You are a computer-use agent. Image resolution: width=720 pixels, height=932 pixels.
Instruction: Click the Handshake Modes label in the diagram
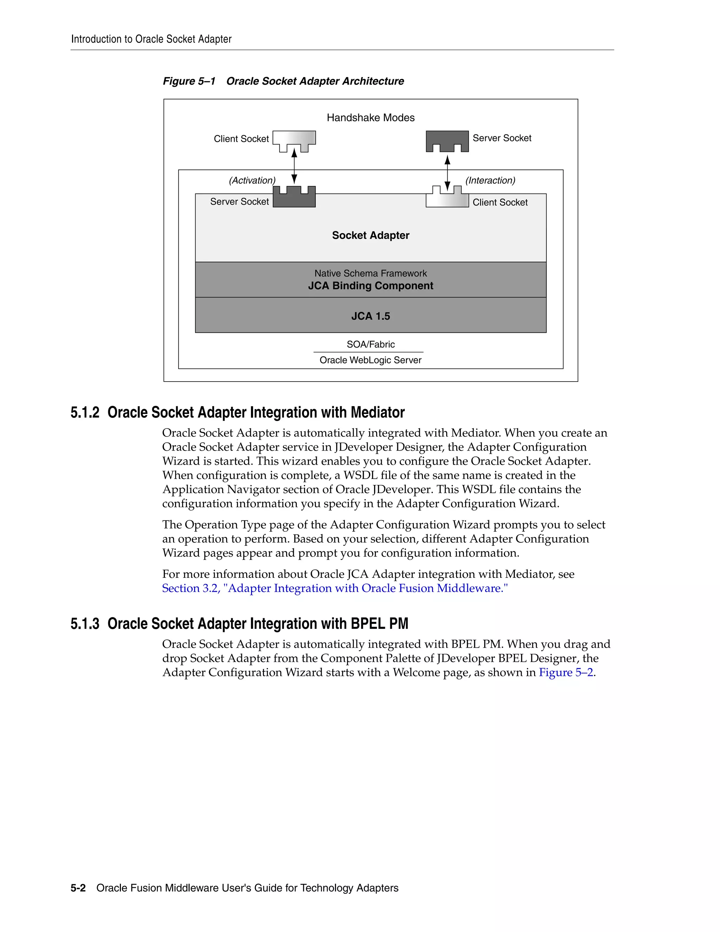tap(370, 118)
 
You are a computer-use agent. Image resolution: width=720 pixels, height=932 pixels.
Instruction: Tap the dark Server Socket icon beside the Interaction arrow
tap(447, 140)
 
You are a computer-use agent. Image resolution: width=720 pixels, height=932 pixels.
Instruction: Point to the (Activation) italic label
tap(252, 180)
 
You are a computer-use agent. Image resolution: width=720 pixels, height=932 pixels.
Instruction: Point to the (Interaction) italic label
tap(490, 180)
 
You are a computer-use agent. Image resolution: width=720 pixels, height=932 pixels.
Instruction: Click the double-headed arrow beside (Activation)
tap(294, 166)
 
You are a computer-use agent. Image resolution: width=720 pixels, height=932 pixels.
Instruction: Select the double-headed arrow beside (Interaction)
tap(447, 173)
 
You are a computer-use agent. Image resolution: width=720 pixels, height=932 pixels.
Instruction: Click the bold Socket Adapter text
tap(370, 236)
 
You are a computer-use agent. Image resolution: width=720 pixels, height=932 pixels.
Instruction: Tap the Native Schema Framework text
tap(370, 274)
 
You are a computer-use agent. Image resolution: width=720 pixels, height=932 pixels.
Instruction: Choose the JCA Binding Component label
tap(370, 286)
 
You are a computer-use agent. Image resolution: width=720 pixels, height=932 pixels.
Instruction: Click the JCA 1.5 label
tap(370, 316)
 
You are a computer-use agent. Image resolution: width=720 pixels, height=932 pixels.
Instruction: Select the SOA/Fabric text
tap(370, 344)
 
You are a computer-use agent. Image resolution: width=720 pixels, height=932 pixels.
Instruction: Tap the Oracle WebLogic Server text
tap(370, 360)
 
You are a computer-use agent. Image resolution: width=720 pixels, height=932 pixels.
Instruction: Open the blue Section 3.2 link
tap(334, 588)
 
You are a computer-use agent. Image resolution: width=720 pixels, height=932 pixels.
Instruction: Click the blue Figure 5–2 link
tap(566, 672)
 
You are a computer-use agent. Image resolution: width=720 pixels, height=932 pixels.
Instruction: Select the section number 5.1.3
tap(85, 624)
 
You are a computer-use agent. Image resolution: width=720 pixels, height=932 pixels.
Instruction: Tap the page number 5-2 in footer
tap(78, 888)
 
